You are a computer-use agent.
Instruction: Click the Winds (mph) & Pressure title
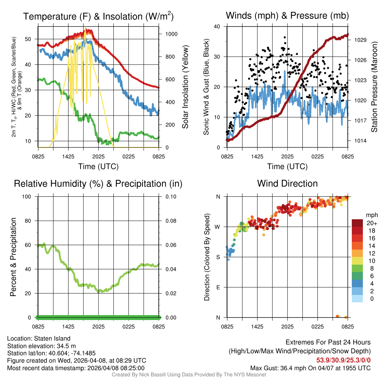click(287, 16)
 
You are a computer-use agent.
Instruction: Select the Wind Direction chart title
click(287, 183)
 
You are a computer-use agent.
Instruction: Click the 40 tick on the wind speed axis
click(217, 27)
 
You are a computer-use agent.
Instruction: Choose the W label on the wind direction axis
click(218, 227)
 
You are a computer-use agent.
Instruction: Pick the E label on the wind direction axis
click(218, 287)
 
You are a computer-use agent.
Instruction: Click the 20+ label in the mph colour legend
click(372, 223)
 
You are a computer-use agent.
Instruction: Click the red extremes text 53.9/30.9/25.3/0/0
click(343, 360)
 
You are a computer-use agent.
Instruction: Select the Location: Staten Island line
click(39, 339)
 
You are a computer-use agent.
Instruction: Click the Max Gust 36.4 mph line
click(310, 368)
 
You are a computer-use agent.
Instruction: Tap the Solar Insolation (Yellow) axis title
click(185, 87)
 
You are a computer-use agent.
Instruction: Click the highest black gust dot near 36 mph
click(285, 37)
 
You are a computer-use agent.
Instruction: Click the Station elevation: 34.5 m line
click(41, 346)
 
